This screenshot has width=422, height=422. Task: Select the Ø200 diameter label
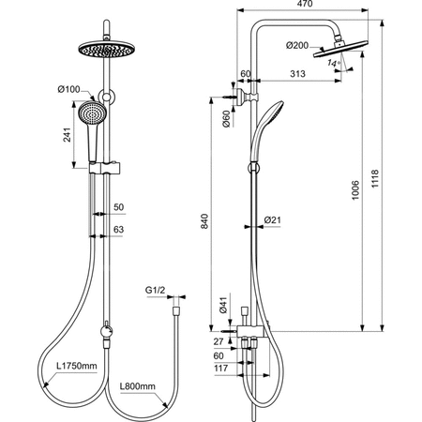[297, 44]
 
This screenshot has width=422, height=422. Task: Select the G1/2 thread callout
[156, 293]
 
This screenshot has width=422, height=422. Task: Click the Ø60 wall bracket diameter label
[227, 117]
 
